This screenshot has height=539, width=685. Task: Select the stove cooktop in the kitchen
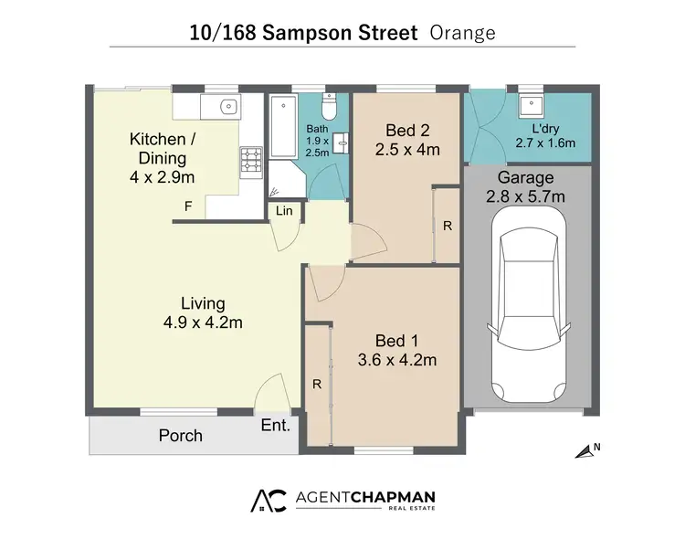[x=250, y=163]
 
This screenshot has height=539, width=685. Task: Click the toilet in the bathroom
[x=332, y=109]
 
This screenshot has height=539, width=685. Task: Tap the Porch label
[x=180, y=435]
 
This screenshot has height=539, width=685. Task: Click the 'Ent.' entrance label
[x=275, y=426]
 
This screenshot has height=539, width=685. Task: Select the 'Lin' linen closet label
[x=284, y=212]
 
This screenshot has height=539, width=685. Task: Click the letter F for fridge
[x=188, y=206]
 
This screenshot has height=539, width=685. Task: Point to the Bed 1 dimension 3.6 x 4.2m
[x=396, y=360]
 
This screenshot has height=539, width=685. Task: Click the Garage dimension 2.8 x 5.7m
[x=526, y=196]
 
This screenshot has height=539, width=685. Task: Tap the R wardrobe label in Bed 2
[x=447, y=227]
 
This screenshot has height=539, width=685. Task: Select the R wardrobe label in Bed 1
[x=317, y=385]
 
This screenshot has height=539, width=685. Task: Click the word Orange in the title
[x=462, y=34]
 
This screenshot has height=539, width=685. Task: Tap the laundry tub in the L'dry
[x=529, y=101]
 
